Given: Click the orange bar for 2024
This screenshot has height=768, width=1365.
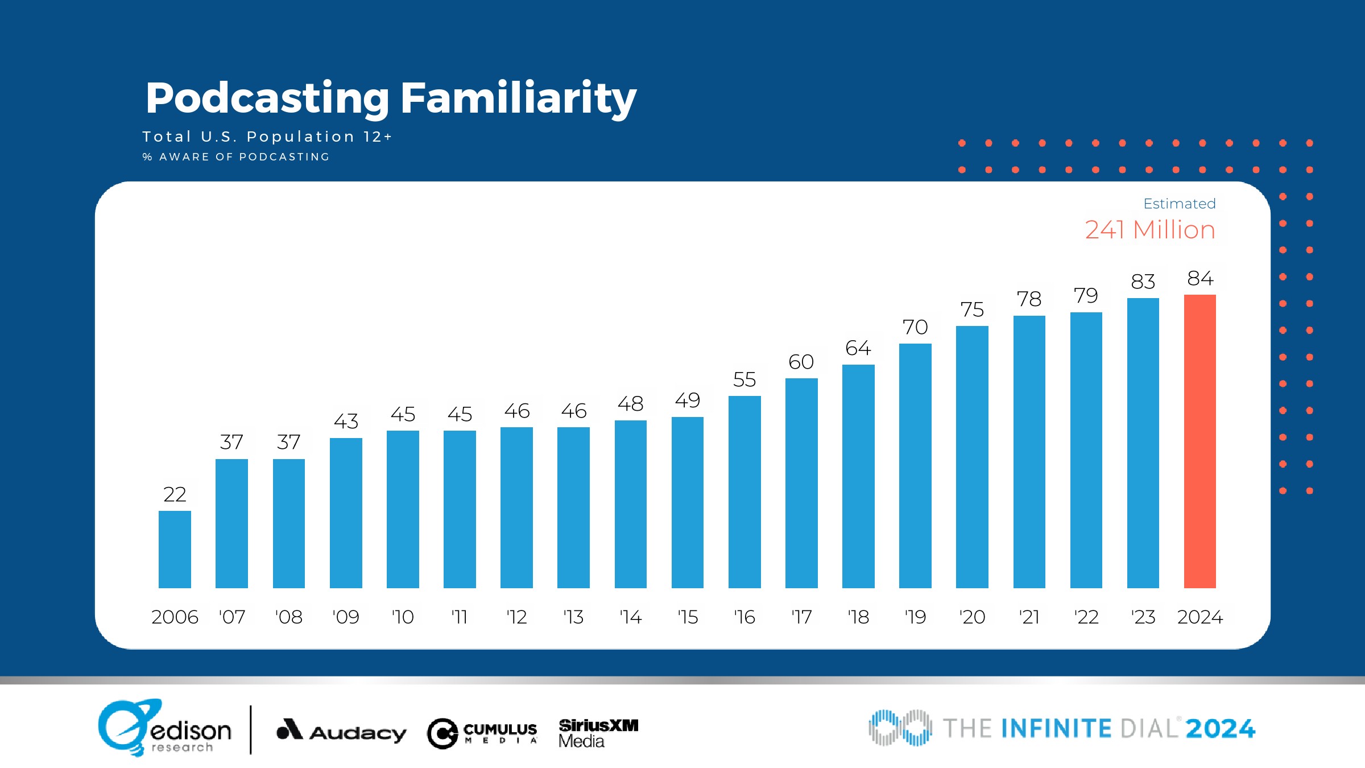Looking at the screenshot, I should pyautogui.click(x=1199, y=441).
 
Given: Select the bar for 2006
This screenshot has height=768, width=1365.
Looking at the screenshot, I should pyautogui.click(x=175, y=549).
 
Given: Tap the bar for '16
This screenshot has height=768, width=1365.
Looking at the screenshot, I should pyautogui.click(x=744, y=492).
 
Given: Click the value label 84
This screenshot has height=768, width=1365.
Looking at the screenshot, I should pyautogui.click(x=1200, y=278).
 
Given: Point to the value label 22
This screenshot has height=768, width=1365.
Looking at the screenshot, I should pyautogui.click(x=175, y=494).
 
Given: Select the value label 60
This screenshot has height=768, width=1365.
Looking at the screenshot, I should pyautogui.click(x=801, y=362).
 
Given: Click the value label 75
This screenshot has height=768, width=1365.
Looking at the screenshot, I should pyautogui.click(x=972, y=309).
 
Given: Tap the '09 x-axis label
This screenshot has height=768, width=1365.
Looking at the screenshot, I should pyautogui.click(x=346, y=617).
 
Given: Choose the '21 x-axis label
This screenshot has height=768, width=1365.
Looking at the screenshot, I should pyautogui.click(x=1029, y=617).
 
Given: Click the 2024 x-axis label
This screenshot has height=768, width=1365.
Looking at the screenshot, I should pyautogui.click(x=1200, y=617).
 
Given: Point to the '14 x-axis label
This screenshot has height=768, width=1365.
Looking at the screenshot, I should pyautogui.click(x=630, y=617).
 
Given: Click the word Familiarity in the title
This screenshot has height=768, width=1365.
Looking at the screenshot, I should pyautogui.click(x=518, y=98).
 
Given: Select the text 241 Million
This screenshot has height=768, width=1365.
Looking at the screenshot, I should pyautogui.click(x=1150, y=230).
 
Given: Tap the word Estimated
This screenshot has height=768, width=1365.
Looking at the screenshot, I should pyautogui.click(x=1179, y=204).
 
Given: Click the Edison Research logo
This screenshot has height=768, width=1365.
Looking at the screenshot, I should pyautogui.click(x=165, y=728).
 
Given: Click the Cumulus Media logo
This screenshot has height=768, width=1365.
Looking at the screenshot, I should pyautogui.click(x=482, y=733).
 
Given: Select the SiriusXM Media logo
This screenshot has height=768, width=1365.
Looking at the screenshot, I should pyautogui.click(x=598, y=733).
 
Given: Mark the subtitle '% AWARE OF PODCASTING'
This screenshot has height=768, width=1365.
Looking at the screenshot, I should pyautogui.click(x=236, y=157).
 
